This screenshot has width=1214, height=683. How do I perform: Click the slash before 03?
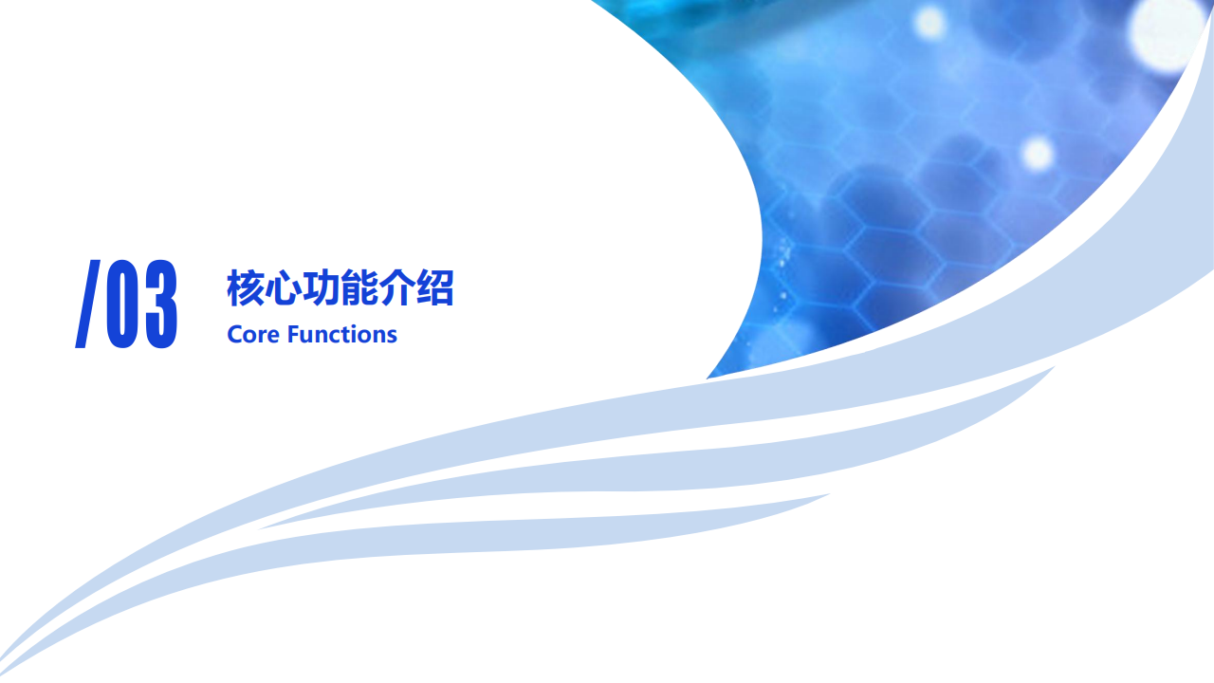click(x=87, y=304)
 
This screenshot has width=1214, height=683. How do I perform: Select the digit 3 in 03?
click(x=161, y=304)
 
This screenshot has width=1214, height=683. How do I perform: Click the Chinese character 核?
click(x=246, y=287)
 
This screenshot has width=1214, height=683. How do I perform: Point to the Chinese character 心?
click(x=283, y=287)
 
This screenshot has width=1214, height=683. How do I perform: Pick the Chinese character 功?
click(x=321, y=287)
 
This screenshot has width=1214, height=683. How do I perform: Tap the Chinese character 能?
click(x=359, y=287)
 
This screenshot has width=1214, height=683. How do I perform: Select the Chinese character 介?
click(x=396, y=287)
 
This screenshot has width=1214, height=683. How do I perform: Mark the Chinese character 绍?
click(x=434, y=287)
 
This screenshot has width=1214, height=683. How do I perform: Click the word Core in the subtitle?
click(x=253, y=335)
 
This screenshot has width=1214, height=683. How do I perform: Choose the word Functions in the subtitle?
click(x=342, y=335)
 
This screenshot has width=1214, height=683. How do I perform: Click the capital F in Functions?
click(x=293, y=335)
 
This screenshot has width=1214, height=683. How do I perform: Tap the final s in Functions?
click(x=392, y=337)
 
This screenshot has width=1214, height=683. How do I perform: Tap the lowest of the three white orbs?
click(x=1038, y=154)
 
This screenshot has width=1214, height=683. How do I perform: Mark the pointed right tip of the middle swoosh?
click(x=1054, y=367)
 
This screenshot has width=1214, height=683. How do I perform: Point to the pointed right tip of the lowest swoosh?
click(x=829, y=494)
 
